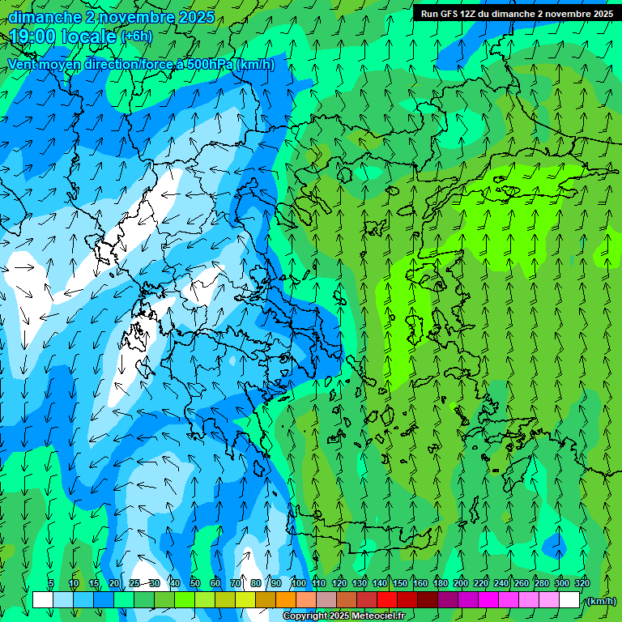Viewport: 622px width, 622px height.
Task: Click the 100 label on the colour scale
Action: click(x=298, y=584)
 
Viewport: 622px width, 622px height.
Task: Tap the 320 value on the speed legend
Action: click(x=582, y=584)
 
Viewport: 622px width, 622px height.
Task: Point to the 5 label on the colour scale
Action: click(x=51, y=584)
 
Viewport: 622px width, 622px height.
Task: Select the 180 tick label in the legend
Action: click(x=440, y=584)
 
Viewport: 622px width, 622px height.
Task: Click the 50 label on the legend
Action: click(x=194, y=584)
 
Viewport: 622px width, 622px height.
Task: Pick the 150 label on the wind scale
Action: click(x=399, y=584)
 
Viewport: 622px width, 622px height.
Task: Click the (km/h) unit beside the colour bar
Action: click(x=600, y=601)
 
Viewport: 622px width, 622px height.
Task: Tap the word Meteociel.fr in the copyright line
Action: click(x=380, y=616)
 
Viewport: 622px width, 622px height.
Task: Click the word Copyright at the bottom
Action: click(x=305, y=616)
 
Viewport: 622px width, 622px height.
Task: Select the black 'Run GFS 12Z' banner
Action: click(x=515, y=14)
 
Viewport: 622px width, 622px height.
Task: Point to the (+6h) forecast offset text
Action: click(x=136, y=36)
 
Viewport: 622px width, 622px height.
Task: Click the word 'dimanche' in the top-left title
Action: click(x=45, y=17)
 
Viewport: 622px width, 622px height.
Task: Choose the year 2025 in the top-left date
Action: click(x=194, y=17)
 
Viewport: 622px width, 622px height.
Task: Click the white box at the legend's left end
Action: click(x=42, y=600)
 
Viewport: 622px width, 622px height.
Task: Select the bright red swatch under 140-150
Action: click(x=387, y=600)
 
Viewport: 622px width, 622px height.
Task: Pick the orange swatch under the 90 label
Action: click(x=286, y=600)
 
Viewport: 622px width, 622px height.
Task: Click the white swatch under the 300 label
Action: click(x=569, y=600)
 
